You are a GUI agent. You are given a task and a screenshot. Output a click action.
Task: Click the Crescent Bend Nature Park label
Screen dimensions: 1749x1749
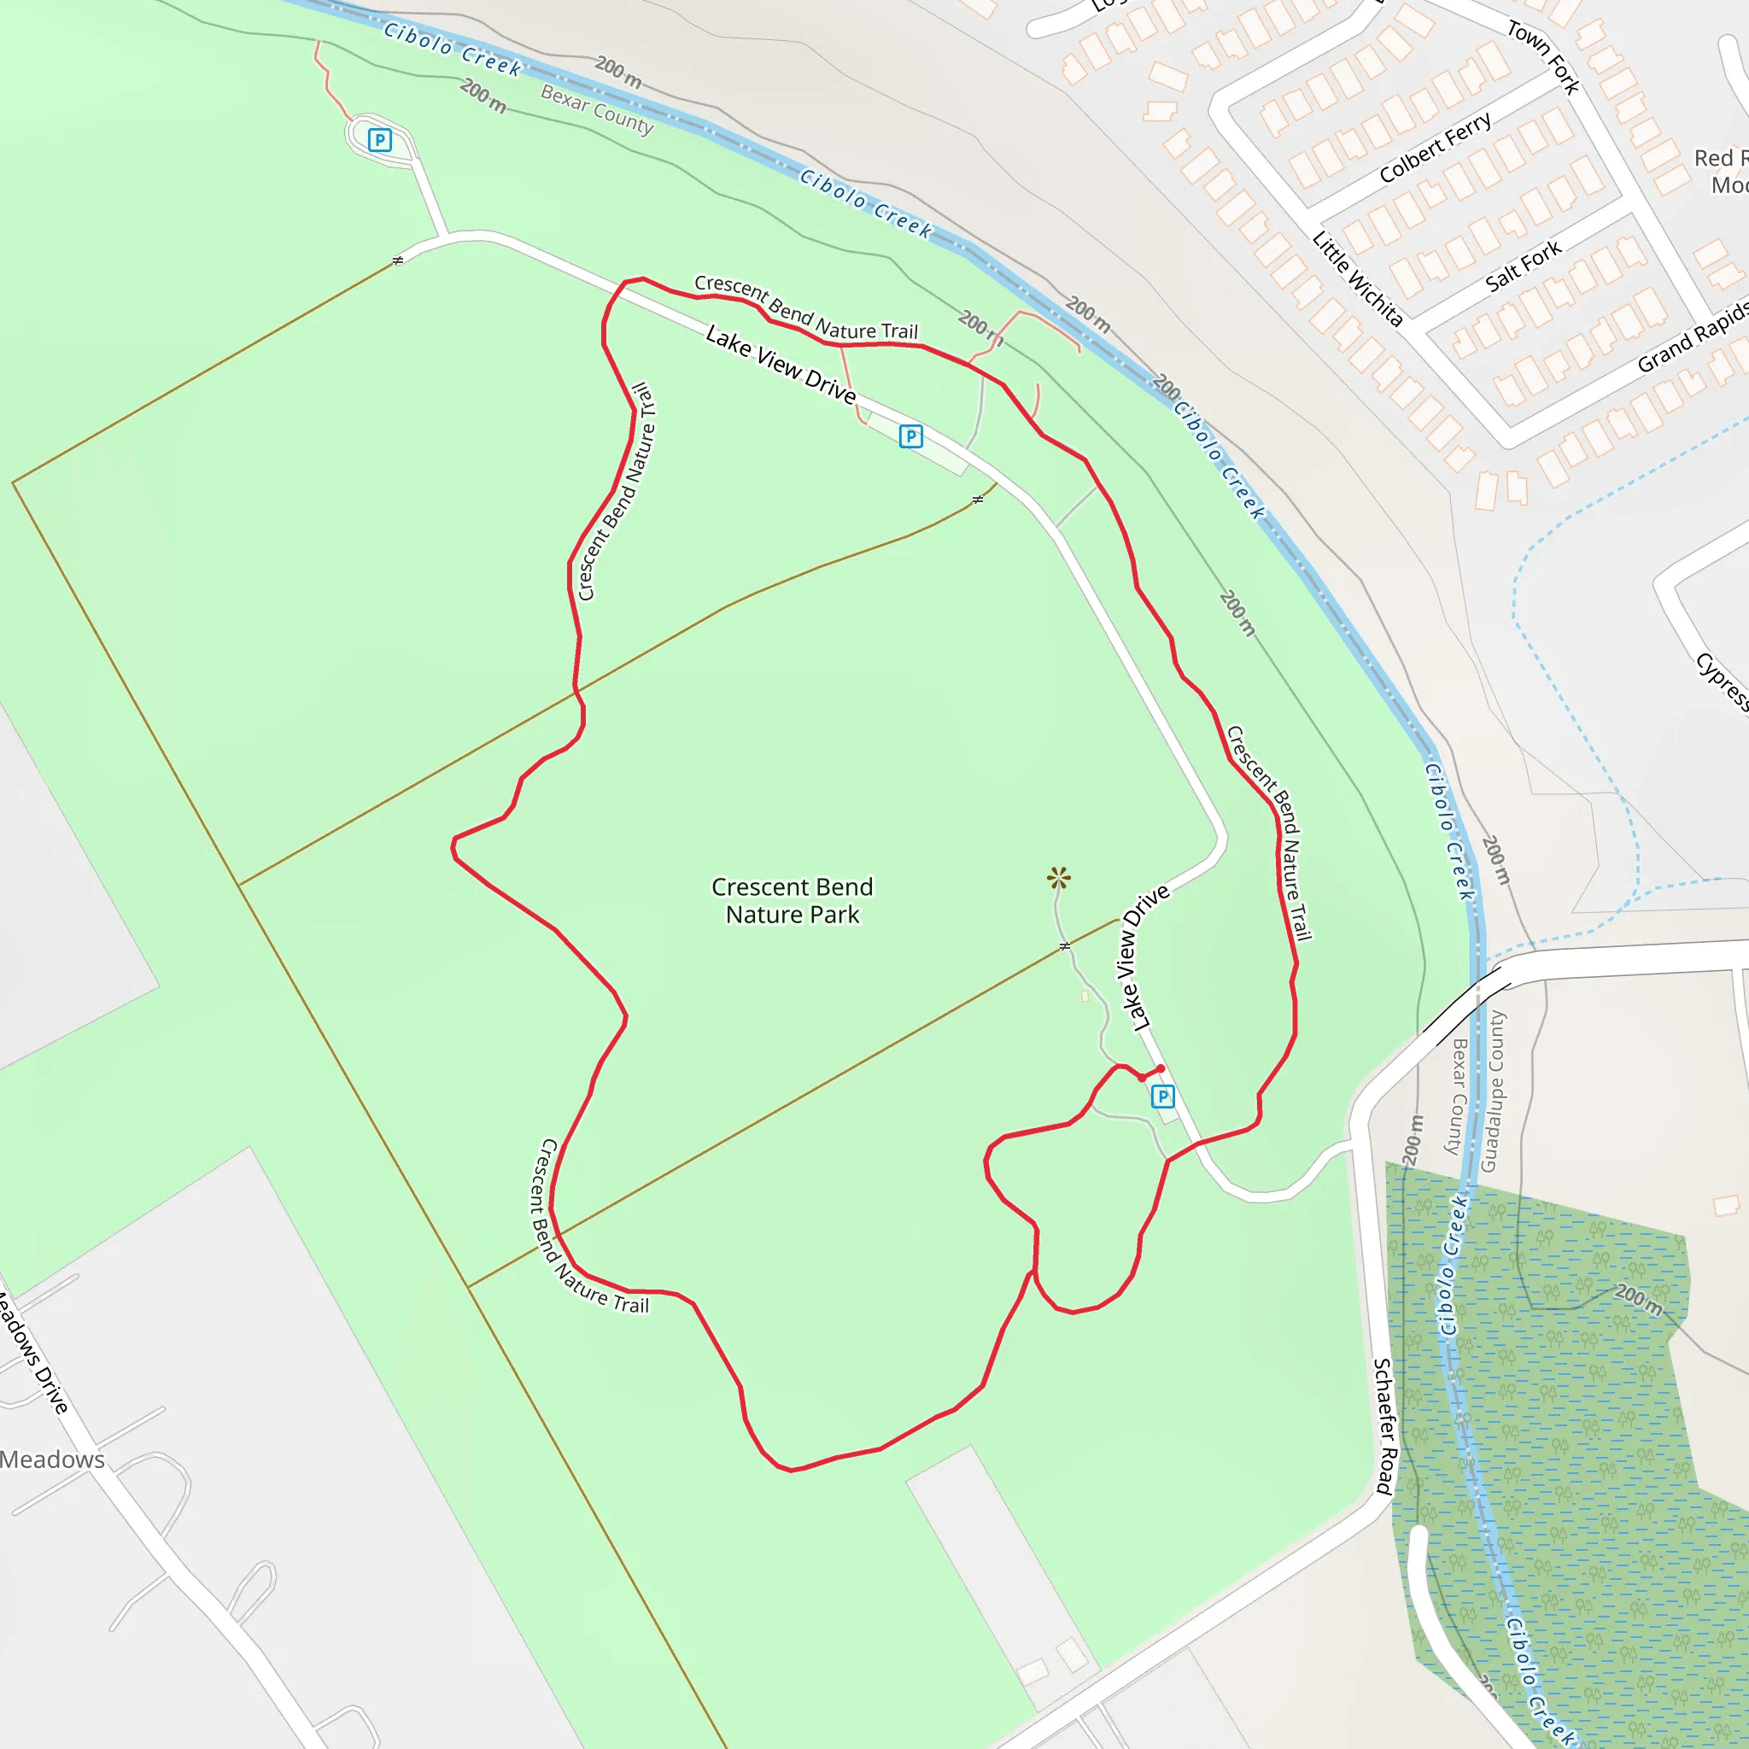pyautogui.click(x=793, y=901)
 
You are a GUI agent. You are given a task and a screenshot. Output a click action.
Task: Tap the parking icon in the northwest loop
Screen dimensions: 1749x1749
pyautogui.click(x=380, y=140)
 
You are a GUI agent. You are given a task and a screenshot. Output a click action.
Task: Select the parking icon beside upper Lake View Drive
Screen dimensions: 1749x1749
pyautogui.click(x=910, y=436)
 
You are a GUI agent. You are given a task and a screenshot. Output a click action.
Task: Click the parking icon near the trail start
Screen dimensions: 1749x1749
pyautogui.click(x=1162, y=1097)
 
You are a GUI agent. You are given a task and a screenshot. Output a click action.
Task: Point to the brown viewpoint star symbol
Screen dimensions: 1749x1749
pyautogui.click(x=1058, y=877)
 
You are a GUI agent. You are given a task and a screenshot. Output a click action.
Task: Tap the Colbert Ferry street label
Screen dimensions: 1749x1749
pyautogui.click(x=1436, y=147)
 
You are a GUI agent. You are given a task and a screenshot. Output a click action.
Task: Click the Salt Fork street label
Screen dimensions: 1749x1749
pyautogui.click(x=1524, y=266)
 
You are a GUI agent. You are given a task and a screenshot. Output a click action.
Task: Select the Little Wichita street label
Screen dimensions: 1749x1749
pyautogui.click(x=1358, y=278)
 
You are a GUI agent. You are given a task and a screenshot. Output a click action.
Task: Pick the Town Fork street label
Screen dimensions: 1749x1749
pyautogui.click(x=1543, y=57)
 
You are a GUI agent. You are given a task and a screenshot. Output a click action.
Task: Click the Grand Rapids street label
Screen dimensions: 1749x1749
pyautogui.click(x=1693, y=336)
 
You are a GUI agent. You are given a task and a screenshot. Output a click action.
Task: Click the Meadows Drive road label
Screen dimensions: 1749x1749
pyautogui.click(x=33, y=1354)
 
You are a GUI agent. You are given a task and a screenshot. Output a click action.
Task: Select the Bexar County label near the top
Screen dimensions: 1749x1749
pyautogui.click(x=597, y=108)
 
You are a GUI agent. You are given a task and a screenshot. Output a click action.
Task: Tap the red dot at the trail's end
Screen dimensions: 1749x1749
pyautogui.click(x=1161, y=1069)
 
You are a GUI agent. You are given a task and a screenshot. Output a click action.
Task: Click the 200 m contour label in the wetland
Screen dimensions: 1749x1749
pyautogui.click(x=1639, y=1299)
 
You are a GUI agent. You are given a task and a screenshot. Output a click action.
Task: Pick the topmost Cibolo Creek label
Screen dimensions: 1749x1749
pyautogui.click(x=453, y=49)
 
